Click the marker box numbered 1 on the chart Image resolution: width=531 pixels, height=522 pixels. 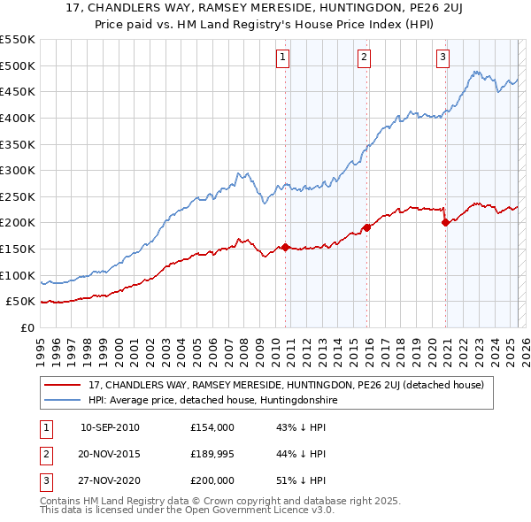click(282, 58)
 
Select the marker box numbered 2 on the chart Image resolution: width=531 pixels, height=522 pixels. click(364, 58)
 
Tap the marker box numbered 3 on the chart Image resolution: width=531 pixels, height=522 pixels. click(442, 58)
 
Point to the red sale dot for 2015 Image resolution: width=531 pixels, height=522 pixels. click(366, 227)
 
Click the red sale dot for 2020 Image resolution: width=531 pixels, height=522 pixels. click(445, 223)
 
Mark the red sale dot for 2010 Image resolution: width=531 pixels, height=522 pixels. click(285, 247)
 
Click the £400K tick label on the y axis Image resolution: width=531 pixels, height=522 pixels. click(18, 118)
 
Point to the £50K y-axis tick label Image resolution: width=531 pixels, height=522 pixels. click(21, 302)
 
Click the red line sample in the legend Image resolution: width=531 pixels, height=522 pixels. click(63, 386)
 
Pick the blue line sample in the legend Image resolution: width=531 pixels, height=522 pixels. click(63, 400)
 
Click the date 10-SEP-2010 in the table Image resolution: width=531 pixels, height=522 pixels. click(110, 427)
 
